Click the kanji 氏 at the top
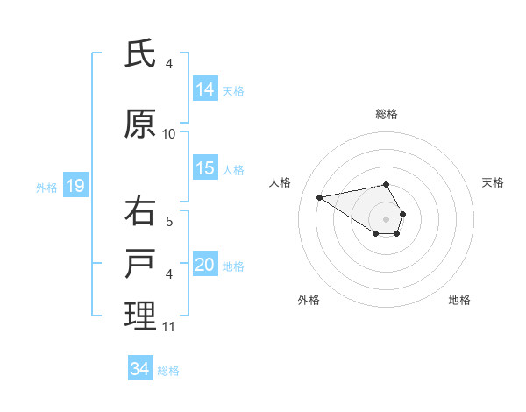(140, 54)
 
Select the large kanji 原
(140, 124)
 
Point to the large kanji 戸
(140, 265)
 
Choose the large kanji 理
(140, 316)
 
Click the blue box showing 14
(205, 89)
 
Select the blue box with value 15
(205, 168)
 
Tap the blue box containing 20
(205, 265)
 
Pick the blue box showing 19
(75, 186)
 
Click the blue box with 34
(140, 369)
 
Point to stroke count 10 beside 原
(169, 134)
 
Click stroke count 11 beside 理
(169, 327)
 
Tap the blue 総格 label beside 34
(168, 371)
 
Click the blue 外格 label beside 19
(46, 187)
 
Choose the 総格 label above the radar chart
(387, 114)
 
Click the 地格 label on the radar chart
(459, 300)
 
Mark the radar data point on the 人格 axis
(320, 196)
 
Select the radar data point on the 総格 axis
(387, 184)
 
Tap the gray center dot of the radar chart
(387, 219)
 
